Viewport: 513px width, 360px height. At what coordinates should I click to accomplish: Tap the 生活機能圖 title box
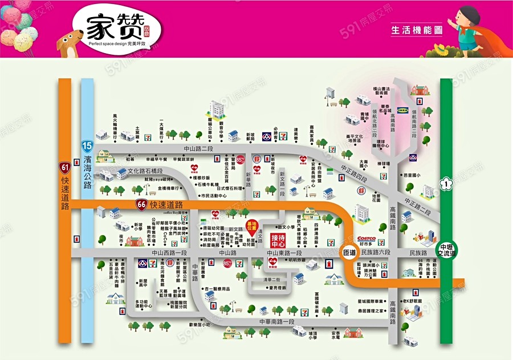417,29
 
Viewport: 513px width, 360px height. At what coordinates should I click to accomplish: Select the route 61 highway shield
64,167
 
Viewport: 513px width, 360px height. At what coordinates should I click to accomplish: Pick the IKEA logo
402,109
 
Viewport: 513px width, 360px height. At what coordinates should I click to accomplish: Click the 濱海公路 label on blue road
87,171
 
